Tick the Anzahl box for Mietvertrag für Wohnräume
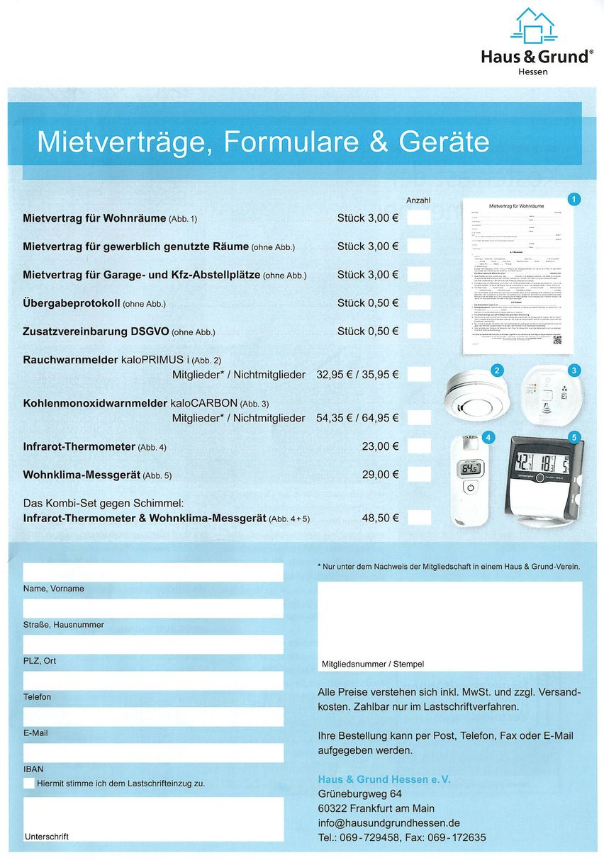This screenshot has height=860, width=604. click(418, 217)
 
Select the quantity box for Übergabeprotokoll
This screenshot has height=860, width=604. click(418, 302)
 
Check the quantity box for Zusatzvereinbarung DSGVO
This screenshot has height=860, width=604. click(418, 331)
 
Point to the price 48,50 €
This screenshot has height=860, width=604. click(380, 518)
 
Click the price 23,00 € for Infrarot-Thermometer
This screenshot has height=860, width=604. click(380, 446)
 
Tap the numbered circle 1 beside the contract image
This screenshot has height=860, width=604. click(575, 200)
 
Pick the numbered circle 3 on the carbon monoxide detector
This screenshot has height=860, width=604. click(575, 370)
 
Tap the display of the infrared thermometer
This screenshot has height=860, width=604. click(470, 468)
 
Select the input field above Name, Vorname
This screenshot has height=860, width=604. click(153, 572)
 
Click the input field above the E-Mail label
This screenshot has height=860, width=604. click(153, 716)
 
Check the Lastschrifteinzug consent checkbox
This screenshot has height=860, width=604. click(29, 783)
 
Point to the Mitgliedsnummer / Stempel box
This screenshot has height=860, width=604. click(449, 626)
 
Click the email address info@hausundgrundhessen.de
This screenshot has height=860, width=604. click(389, 823)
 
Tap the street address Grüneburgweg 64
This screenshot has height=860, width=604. click(360, 793)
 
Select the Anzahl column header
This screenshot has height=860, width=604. click(418, 200)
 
